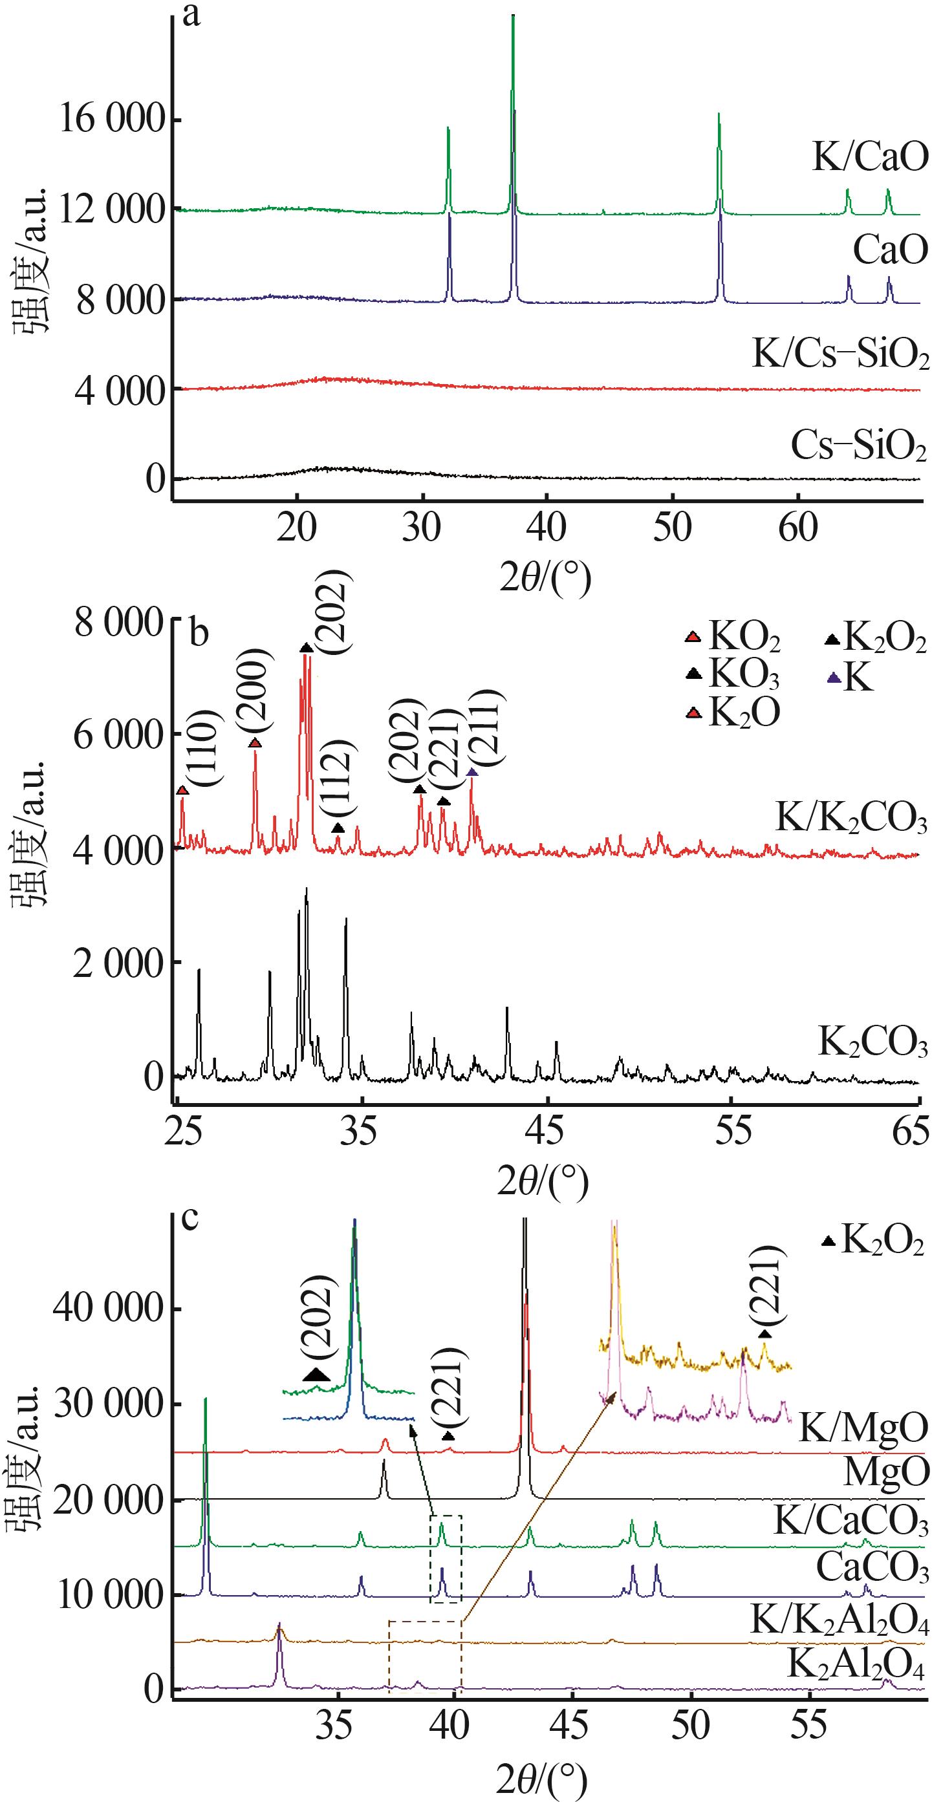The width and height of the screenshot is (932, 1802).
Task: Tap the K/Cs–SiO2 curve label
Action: (x=840, y=355)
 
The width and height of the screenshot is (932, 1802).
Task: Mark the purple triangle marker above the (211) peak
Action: (x=472, y=772)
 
